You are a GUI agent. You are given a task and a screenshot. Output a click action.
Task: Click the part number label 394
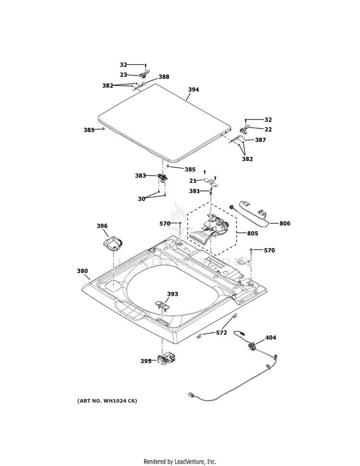193,90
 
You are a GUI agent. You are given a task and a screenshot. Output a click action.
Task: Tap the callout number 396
102,226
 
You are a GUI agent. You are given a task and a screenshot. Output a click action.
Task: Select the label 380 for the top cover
83,271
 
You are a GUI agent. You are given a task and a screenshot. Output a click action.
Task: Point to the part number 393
173,294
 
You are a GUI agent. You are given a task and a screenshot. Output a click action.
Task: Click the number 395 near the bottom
146,361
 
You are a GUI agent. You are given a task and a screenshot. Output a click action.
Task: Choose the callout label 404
271,338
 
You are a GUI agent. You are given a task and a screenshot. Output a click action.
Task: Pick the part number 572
221,332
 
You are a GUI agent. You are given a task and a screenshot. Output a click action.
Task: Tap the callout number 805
252,234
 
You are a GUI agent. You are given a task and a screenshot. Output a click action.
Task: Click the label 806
285,223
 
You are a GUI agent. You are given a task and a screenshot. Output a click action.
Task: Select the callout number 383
140,176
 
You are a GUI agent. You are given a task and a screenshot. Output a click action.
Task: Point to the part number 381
194,191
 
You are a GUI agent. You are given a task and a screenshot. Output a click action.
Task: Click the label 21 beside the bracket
192,181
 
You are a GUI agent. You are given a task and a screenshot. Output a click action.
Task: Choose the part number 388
164,77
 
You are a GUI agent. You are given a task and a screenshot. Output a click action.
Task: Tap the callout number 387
260,140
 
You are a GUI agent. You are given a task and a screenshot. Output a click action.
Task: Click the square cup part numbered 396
113,243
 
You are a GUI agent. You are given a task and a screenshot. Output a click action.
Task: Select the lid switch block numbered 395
165,358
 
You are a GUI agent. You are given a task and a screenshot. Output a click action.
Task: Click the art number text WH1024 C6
107,401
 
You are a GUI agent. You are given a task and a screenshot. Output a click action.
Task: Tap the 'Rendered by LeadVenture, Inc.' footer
180,462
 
